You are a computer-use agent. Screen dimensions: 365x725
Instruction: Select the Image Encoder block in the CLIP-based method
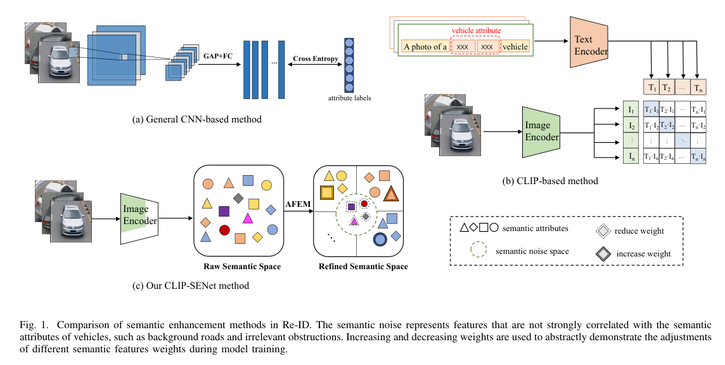click(542, 131)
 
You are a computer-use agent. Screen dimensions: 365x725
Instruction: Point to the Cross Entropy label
click(315, 59)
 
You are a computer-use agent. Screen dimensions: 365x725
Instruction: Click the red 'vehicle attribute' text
click(475, 30)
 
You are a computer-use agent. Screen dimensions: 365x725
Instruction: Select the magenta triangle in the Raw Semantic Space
click(248, 219)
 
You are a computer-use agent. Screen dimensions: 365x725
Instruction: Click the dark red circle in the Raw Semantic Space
click(224, 230)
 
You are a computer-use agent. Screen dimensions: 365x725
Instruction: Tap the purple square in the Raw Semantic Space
click(224, 210)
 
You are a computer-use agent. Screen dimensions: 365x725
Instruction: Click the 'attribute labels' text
click(350, 98)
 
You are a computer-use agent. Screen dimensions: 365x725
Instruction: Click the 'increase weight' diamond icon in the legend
click(603, 254)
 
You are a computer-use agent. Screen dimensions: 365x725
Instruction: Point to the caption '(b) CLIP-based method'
click(550, 181)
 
